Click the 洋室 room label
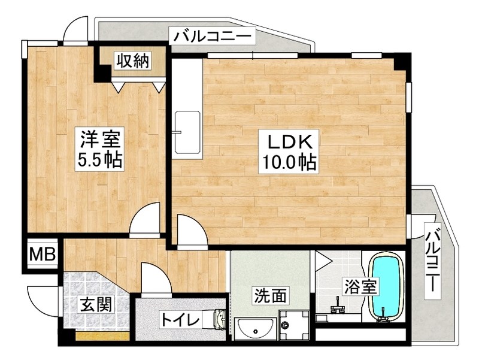100,139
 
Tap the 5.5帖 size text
100,159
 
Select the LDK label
287,142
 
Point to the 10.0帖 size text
287,162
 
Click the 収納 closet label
132,60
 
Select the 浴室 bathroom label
360,286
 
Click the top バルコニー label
213,37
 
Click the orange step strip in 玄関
102,335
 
